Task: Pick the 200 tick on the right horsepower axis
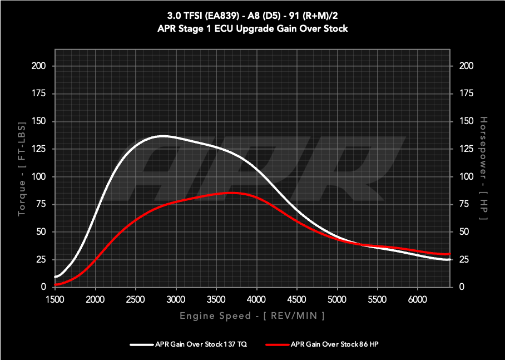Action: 466,66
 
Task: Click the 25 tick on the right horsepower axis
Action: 464,259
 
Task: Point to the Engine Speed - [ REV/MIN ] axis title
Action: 252,316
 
